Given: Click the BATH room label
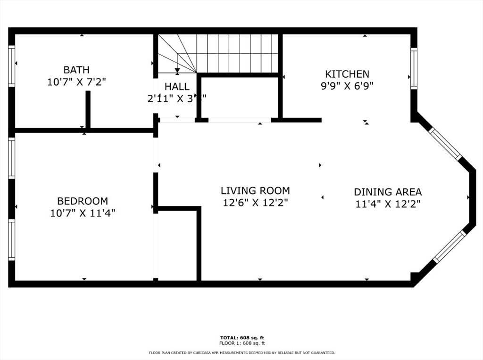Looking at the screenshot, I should coord(76,70).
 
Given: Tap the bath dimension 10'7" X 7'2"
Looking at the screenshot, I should coord(76,82).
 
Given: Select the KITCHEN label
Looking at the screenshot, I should coord(347,74).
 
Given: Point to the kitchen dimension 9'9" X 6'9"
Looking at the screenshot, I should coord(347,86).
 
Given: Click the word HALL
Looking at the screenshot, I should coord(177,87).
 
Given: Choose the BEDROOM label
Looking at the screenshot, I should coord(83,201).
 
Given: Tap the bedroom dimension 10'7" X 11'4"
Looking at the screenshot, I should coord(83,213).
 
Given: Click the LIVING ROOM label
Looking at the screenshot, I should coord(255,191).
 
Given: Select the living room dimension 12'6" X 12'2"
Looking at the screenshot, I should coord(255,203).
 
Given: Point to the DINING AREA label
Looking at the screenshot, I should coord(388,192).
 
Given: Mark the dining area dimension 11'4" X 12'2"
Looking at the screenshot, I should coord(388,204).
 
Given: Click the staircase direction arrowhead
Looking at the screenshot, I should coord(177,71).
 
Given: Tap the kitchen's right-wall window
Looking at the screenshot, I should coord(414,68).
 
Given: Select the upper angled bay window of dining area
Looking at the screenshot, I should coord(445,143).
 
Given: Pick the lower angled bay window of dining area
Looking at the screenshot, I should coord(450,246).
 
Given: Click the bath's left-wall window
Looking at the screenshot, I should coord(12,65).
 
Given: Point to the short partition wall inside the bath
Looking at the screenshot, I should coord(88,109).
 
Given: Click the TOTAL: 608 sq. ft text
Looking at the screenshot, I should coord(242,337).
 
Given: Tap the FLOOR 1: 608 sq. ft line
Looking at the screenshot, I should coord(242,343).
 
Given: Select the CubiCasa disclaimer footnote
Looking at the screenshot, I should coord(242,352).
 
